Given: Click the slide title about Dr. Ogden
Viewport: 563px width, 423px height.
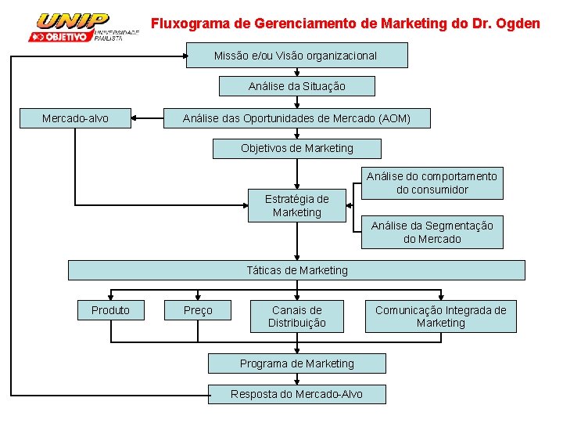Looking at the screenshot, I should pos(345,23).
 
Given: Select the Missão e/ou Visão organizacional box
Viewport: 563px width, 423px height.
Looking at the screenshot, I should pos(296,56).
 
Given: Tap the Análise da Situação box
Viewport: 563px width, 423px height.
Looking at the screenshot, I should pos(296,86).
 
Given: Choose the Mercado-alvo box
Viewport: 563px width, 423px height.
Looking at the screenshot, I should pos(75,118).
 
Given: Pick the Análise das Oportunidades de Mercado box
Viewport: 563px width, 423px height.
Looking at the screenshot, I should pos(296,118).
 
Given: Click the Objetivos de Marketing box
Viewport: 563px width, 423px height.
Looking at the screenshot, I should pos(296,148).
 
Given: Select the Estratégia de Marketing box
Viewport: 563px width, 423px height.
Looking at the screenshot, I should pos(296,205).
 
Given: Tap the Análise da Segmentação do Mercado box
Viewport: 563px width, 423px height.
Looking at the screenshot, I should pos(432,232).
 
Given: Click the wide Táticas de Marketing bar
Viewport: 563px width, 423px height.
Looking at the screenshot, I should pos(296,270).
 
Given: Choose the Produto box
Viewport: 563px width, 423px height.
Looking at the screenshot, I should pos(110,310).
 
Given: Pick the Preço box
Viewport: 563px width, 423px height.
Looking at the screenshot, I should pos(198,310).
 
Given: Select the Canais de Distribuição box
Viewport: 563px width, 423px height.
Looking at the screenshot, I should pos(296,316).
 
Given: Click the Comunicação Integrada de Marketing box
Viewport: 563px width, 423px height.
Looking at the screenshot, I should pos(440,316).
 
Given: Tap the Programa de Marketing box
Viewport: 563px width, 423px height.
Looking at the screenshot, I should pos(296,363).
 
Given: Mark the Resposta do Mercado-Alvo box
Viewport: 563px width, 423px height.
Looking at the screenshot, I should pos(296,394).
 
